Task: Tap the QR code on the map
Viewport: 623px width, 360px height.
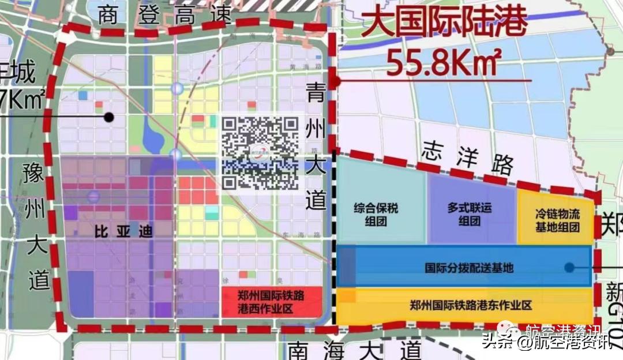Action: tap(261, 153)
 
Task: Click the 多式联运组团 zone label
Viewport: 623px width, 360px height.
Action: tap(470, 214)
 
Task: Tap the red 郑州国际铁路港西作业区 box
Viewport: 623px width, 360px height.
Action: tap(271, 302)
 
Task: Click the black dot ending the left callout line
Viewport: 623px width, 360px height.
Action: tap(108, 117)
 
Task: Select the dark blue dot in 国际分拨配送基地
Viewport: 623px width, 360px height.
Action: tap(569, 267)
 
